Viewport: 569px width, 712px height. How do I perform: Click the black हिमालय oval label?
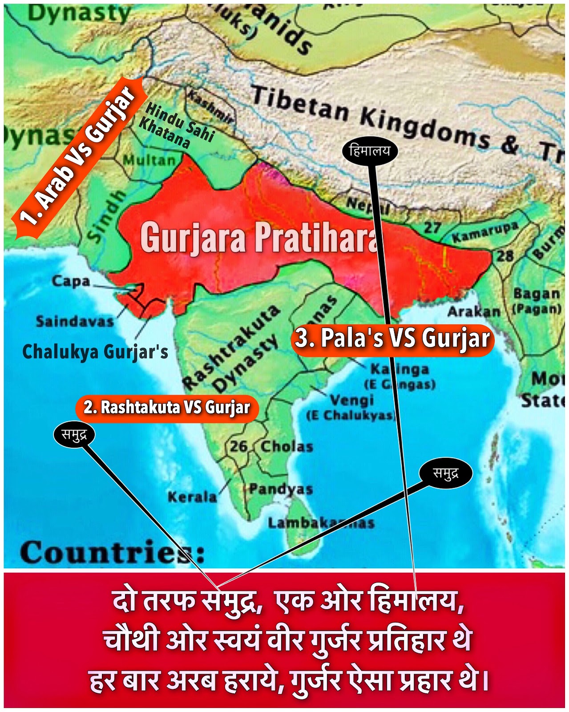click(x=370, y=151)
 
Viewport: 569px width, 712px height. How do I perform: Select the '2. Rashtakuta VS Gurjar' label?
click(x=167, y=408)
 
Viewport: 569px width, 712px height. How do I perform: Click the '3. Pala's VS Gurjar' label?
click(x=392, y=339)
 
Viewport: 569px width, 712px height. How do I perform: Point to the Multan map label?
click(x=149, y=160)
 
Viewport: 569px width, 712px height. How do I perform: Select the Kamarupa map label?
click(x=485, y=232)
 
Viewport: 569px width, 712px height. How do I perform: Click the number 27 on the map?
click(x=432, y=228)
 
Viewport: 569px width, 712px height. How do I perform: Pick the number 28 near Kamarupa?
click(x=505, y=255)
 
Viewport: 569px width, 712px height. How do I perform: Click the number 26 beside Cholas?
click(x=239, y=446)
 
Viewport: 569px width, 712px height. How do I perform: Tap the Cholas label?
click(x=287, y=446)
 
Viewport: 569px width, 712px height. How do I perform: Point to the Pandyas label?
click(x=281, y=489)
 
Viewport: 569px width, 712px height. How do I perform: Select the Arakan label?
click(x=474, y=311)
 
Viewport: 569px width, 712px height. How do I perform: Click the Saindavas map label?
click(x=75, y=321)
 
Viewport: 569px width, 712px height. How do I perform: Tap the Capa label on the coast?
click(x=71, y=281)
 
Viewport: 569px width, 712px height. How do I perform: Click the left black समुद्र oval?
click(x=74, y=435)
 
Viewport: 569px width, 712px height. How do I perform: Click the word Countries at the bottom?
click(x=111, y=553)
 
